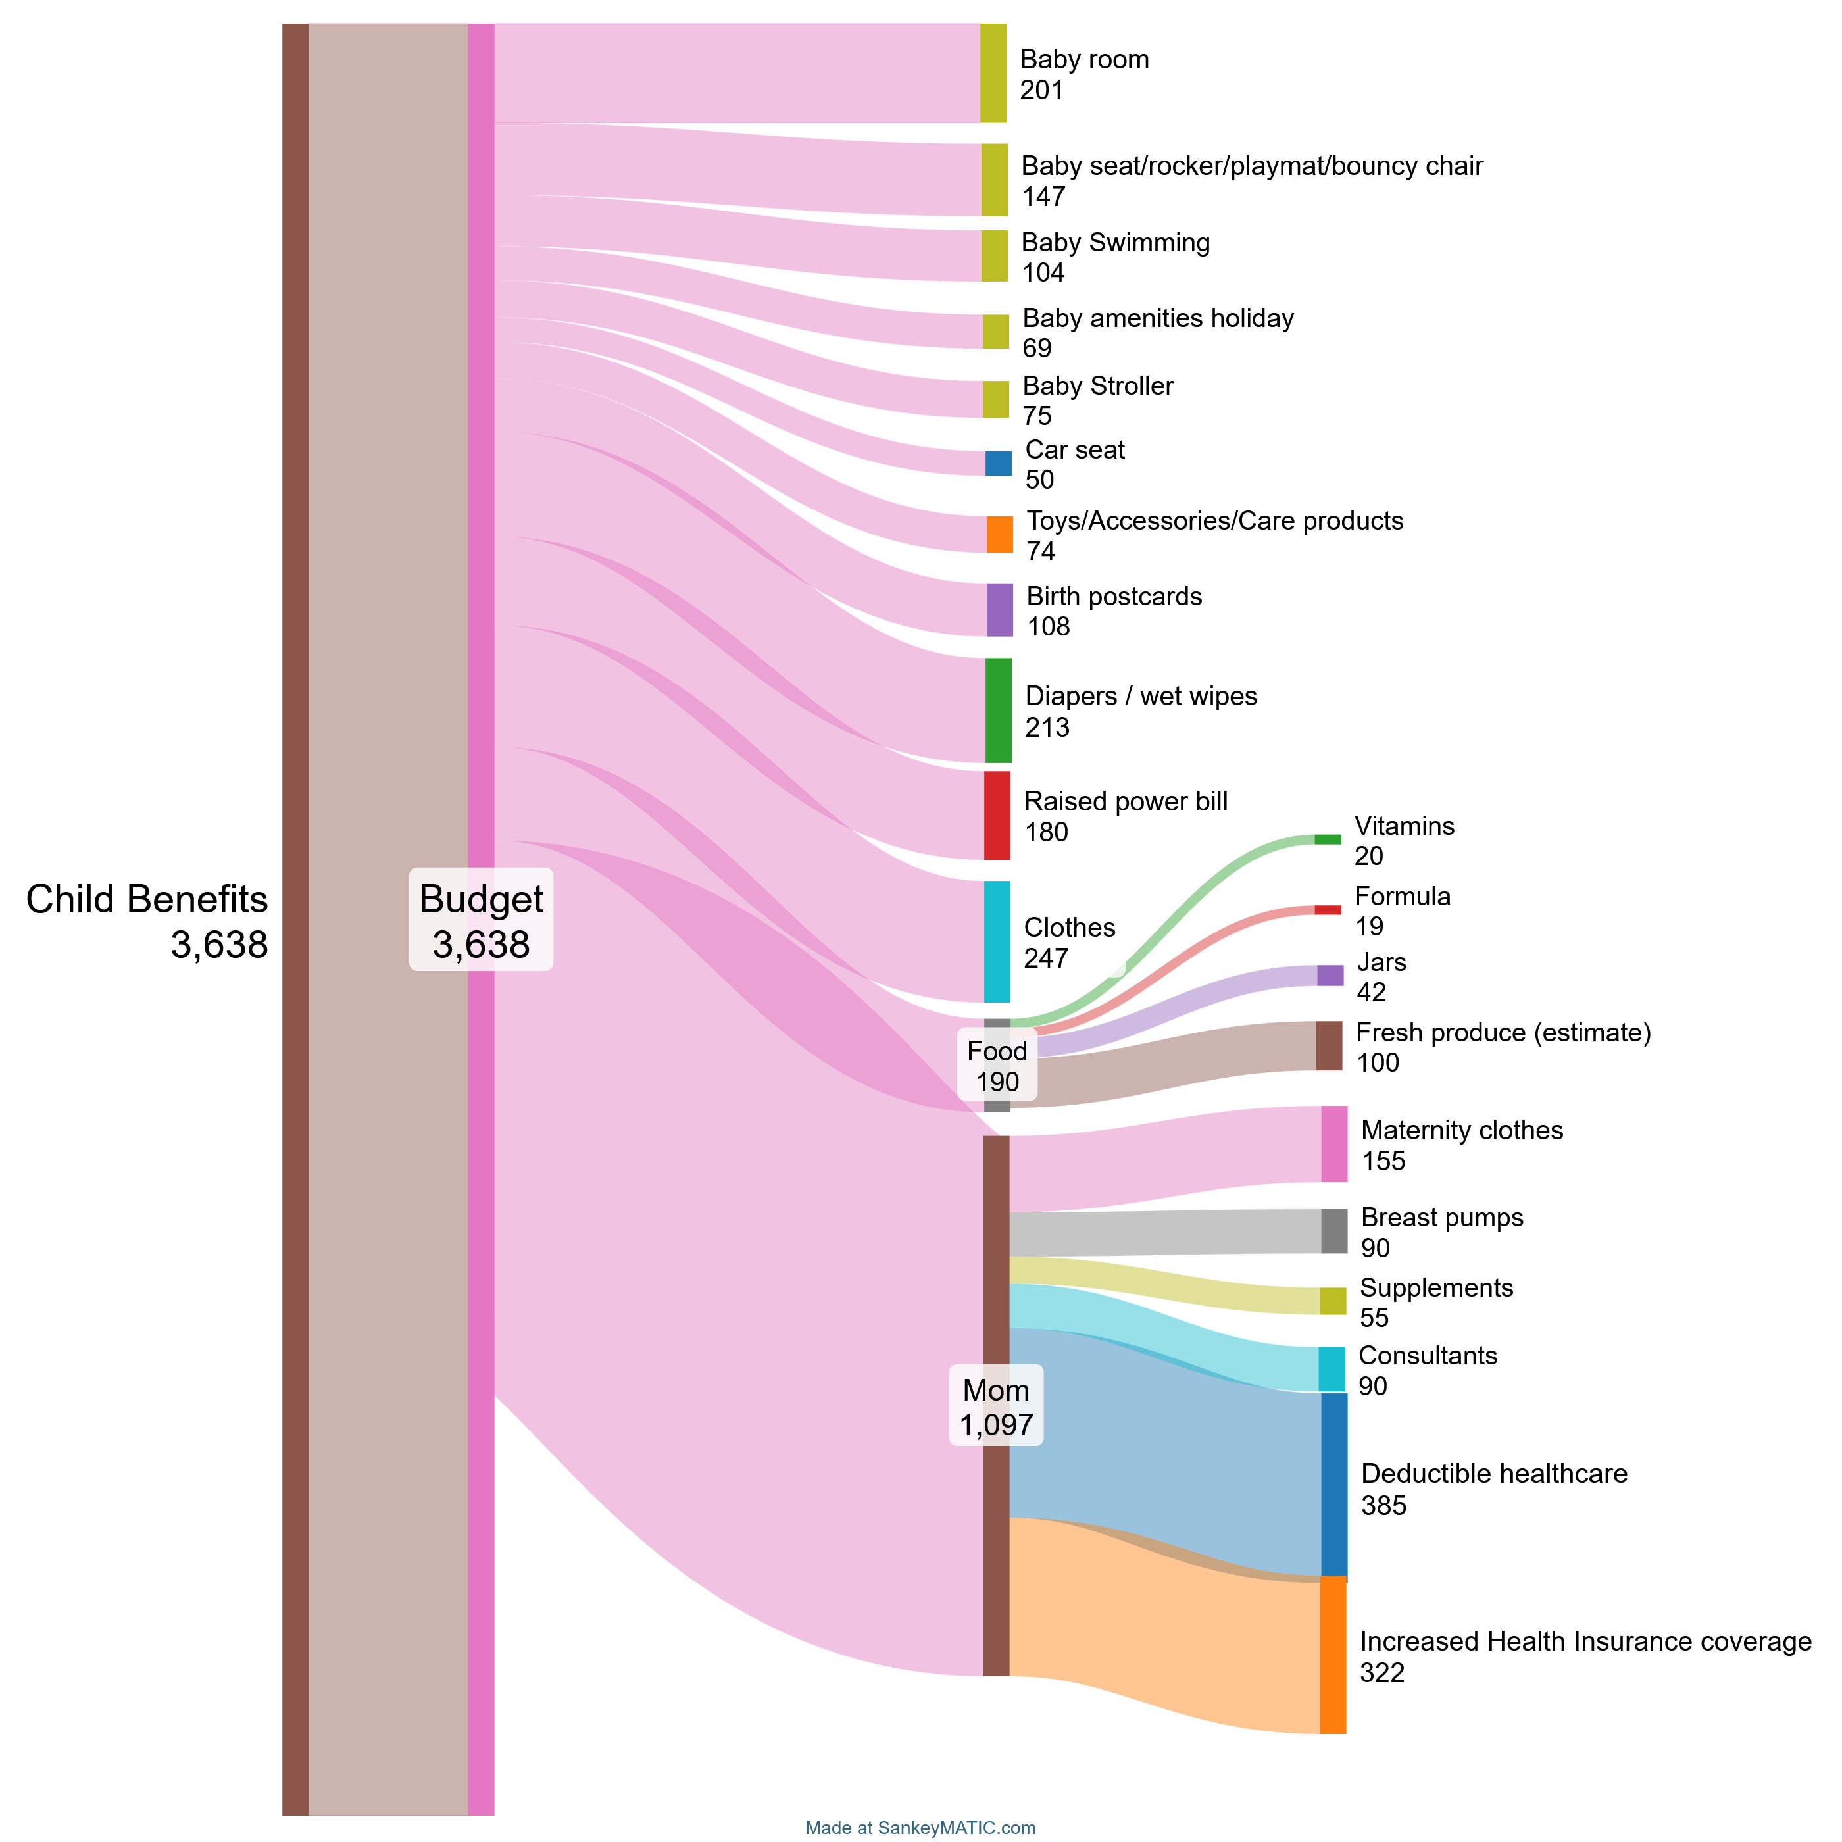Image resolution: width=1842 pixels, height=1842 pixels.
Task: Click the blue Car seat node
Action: tap(998, 463)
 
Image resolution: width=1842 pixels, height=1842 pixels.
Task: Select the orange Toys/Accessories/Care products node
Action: tap(999, 535)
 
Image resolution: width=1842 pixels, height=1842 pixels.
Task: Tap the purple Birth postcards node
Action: tap(999, 610)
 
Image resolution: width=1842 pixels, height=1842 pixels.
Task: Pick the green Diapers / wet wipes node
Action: tap(998, 710)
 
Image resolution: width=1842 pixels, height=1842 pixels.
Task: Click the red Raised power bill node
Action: tap(997, 815)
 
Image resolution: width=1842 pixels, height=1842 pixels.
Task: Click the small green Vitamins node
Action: tap(1327, 839)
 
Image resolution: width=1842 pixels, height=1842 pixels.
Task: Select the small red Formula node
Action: tap(1327, 910)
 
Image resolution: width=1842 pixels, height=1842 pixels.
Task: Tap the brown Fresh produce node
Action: tap(1329, 1046)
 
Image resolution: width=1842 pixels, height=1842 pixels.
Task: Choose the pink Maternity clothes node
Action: tap(1334, 1144)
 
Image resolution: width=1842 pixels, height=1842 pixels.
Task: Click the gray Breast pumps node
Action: tap(1334, 1231)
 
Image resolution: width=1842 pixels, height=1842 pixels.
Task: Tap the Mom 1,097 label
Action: tap(995, 1406)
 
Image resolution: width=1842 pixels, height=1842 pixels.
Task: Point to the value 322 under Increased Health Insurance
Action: tap(1381, 1673)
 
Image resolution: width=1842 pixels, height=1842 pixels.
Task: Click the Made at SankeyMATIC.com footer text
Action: tap(920, 1828)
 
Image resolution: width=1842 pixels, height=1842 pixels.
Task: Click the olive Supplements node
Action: tap(1333, 1301)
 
